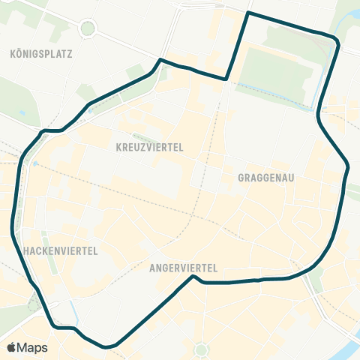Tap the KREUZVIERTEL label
coord(150,148)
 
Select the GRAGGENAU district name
coord(265,178)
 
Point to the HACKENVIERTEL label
coord(61,250)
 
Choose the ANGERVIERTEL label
coord(183,267)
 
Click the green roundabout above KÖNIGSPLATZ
coord(88,29)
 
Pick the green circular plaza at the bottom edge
coord(201,349)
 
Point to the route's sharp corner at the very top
coord(247,13)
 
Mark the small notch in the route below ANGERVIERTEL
coord(194,277)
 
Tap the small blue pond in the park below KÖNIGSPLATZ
coord(22,113)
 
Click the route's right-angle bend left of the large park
coord(226,78)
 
